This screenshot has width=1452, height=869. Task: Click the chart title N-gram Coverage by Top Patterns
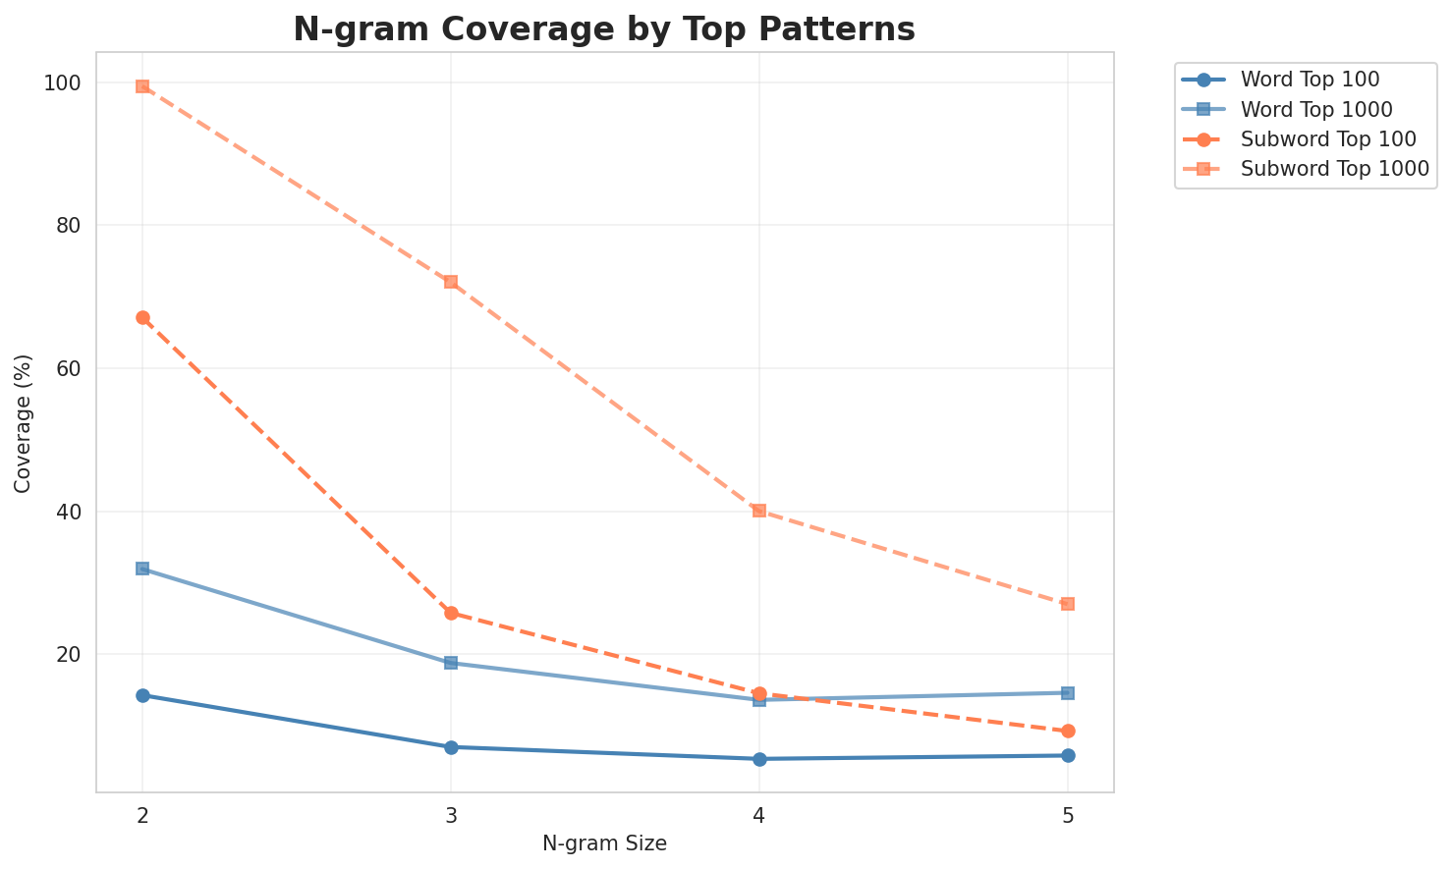[604, 29]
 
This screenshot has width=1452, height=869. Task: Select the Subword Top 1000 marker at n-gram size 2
[142, 86]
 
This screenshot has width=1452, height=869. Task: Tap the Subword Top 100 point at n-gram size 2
[142, 318]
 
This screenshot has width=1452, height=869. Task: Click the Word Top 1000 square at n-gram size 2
[142, 569]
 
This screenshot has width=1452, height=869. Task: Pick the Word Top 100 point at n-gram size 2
[142, 695]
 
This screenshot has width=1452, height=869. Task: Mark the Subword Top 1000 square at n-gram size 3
[451, 282]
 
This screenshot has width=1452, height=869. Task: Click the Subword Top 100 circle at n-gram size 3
[451, 613]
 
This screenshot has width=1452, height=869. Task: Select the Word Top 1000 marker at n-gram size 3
[451, 663]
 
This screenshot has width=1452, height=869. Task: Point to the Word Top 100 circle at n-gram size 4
[759, 759]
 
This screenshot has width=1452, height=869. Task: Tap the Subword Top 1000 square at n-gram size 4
[759, 511]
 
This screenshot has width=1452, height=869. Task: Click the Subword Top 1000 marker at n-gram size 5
[1068, 604]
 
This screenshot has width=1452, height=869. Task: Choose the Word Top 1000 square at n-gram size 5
[1068, 693]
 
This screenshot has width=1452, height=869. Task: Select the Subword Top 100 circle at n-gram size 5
[1068, 732]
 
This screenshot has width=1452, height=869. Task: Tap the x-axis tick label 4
[759, 814]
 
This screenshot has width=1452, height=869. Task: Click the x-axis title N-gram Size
[604, 844]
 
